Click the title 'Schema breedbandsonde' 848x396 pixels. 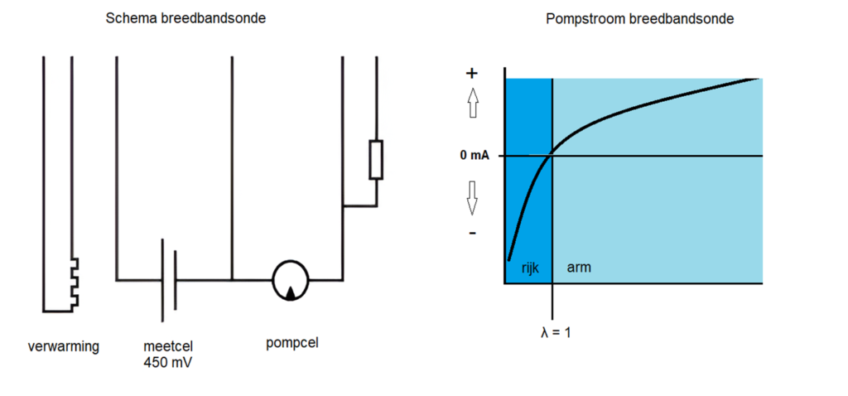tap(186, 18)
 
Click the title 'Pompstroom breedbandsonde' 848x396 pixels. tap(640, 19)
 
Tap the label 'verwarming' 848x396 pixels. tap(64, 347)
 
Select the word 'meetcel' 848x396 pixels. tap(168, 346)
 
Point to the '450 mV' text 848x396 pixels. tap(168, 363)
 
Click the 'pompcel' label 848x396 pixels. tap(292, 344)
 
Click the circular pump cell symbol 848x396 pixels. tap(291, 280)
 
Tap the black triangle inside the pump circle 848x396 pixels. tap(291, 292)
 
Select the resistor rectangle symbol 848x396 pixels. tap(376, 160)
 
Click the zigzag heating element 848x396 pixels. tap(75, 283)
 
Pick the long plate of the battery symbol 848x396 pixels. tap(163, 280)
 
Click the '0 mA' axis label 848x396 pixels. tap(475, 156)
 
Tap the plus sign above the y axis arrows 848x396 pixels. tap(471, 74)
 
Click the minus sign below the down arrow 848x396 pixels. tap(472, 234)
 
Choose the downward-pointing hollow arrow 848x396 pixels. tap(473, 197)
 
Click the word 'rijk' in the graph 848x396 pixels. tap(531, 268)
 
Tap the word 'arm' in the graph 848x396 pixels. tap(579, 268)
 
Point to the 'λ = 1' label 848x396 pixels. tap(556, 332)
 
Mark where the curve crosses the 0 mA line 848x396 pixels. tap(550, 156)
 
